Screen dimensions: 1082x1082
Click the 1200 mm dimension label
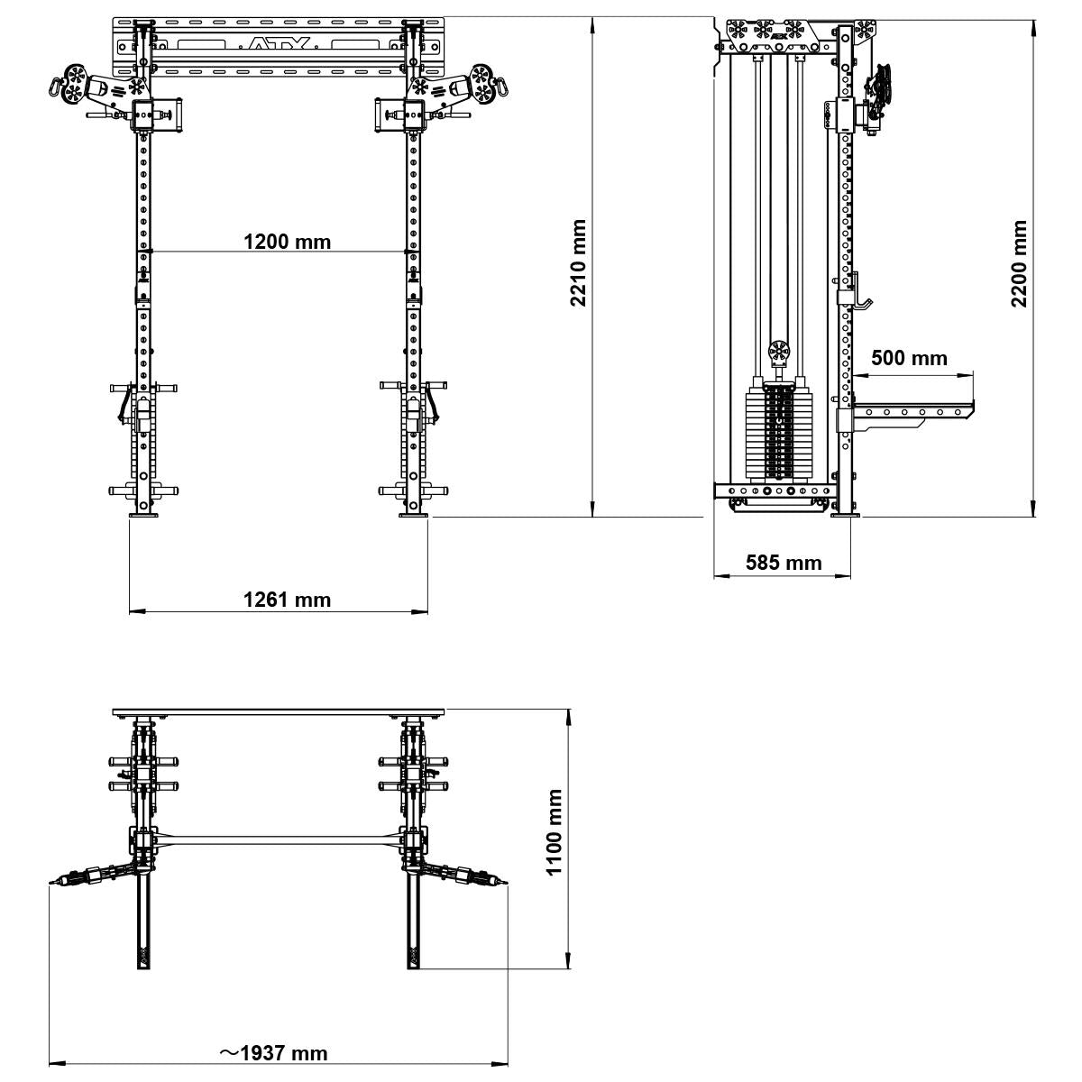click(x=287, y=242)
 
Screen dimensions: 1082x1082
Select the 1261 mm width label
click(x=287, y=600)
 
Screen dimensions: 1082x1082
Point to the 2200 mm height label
click(x=1019, y=262)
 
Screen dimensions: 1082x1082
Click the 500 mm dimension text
click(x=909, y=358)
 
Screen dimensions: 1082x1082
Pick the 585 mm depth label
click(x=783, y=563)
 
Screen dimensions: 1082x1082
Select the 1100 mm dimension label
click(x=554, y=831)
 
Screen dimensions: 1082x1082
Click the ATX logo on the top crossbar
click(x=279, y=43)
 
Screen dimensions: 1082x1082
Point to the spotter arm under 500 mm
click(x=911, y=412)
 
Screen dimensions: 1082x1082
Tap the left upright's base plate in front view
click(x=143, y=516)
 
